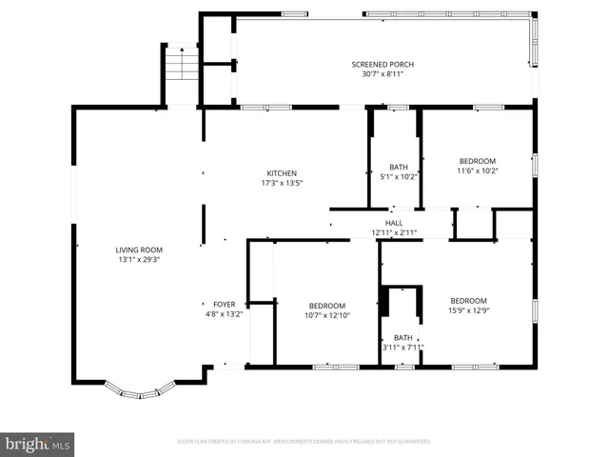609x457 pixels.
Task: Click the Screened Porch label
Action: point(383,64)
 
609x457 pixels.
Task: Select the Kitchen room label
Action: point(281,173)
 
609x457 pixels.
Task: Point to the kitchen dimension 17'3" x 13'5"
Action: point(281,183)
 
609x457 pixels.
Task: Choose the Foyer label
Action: point(225,305)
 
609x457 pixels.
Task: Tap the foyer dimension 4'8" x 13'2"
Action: point(225,314)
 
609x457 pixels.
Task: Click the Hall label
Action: point(393,223)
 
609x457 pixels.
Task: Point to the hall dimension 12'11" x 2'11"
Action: point(393,232)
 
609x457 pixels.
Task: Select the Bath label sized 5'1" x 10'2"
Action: point(399,168)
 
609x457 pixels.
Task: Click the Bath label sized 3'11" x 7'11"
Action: point(403,337)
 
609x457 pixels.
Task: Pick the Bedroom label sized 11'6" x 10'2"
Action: point(477,162)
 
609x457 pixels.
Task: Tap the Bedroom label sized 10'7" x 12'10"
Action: point(327,307)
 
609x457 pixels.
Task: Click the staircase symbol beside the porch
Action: point(181,65)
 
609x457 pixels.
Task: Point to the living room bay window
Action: point(140,390)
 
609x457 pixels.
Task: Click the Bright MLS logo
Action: point(38,444)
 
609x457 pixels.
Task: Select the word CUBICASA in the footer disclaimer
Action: point(248,442)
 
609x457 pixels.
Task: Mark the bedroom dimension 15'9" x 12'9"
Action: point(468,310)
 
